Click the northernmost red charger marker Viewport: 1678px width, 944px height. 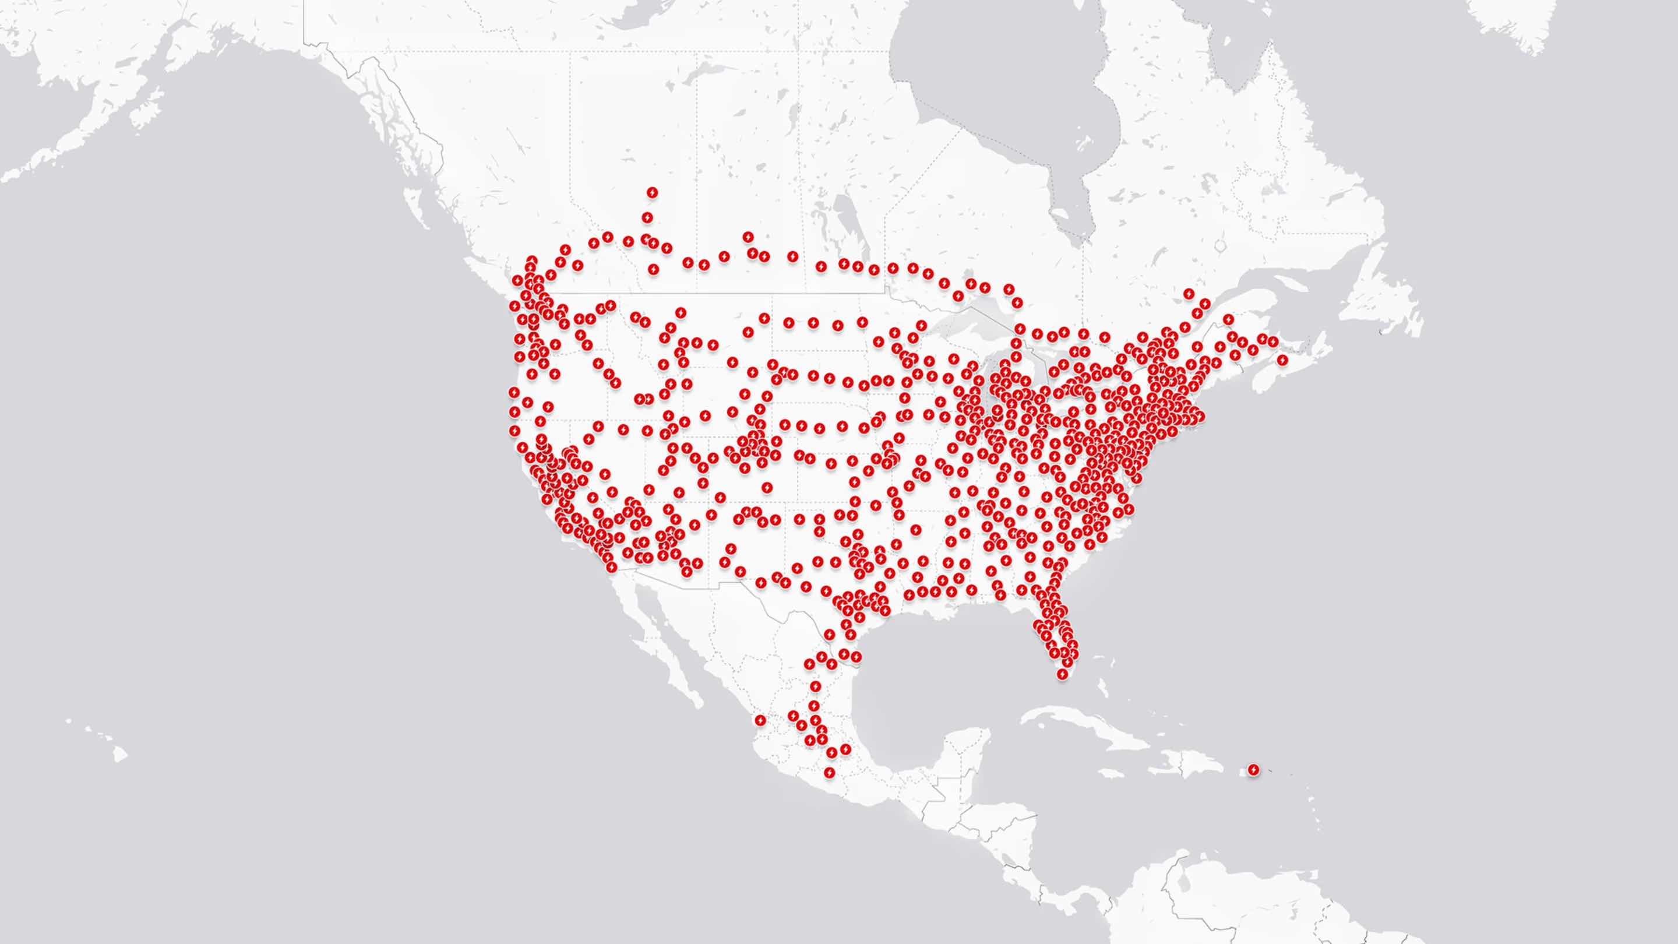point(652,192)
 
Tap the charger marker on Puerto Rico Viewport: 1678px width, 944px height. point(1253,770)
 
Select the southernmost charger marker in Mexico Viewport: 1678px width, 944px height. point(829,773)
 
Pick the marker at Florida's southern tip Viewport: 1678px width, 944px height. point(1062,674)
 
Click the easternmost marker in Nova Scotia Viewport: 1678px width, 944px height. point(1282,360)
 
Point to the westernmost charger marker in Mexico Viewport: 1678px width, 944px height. point(760,720)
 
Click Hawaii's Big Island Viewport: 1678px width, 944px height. point(118,754)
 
